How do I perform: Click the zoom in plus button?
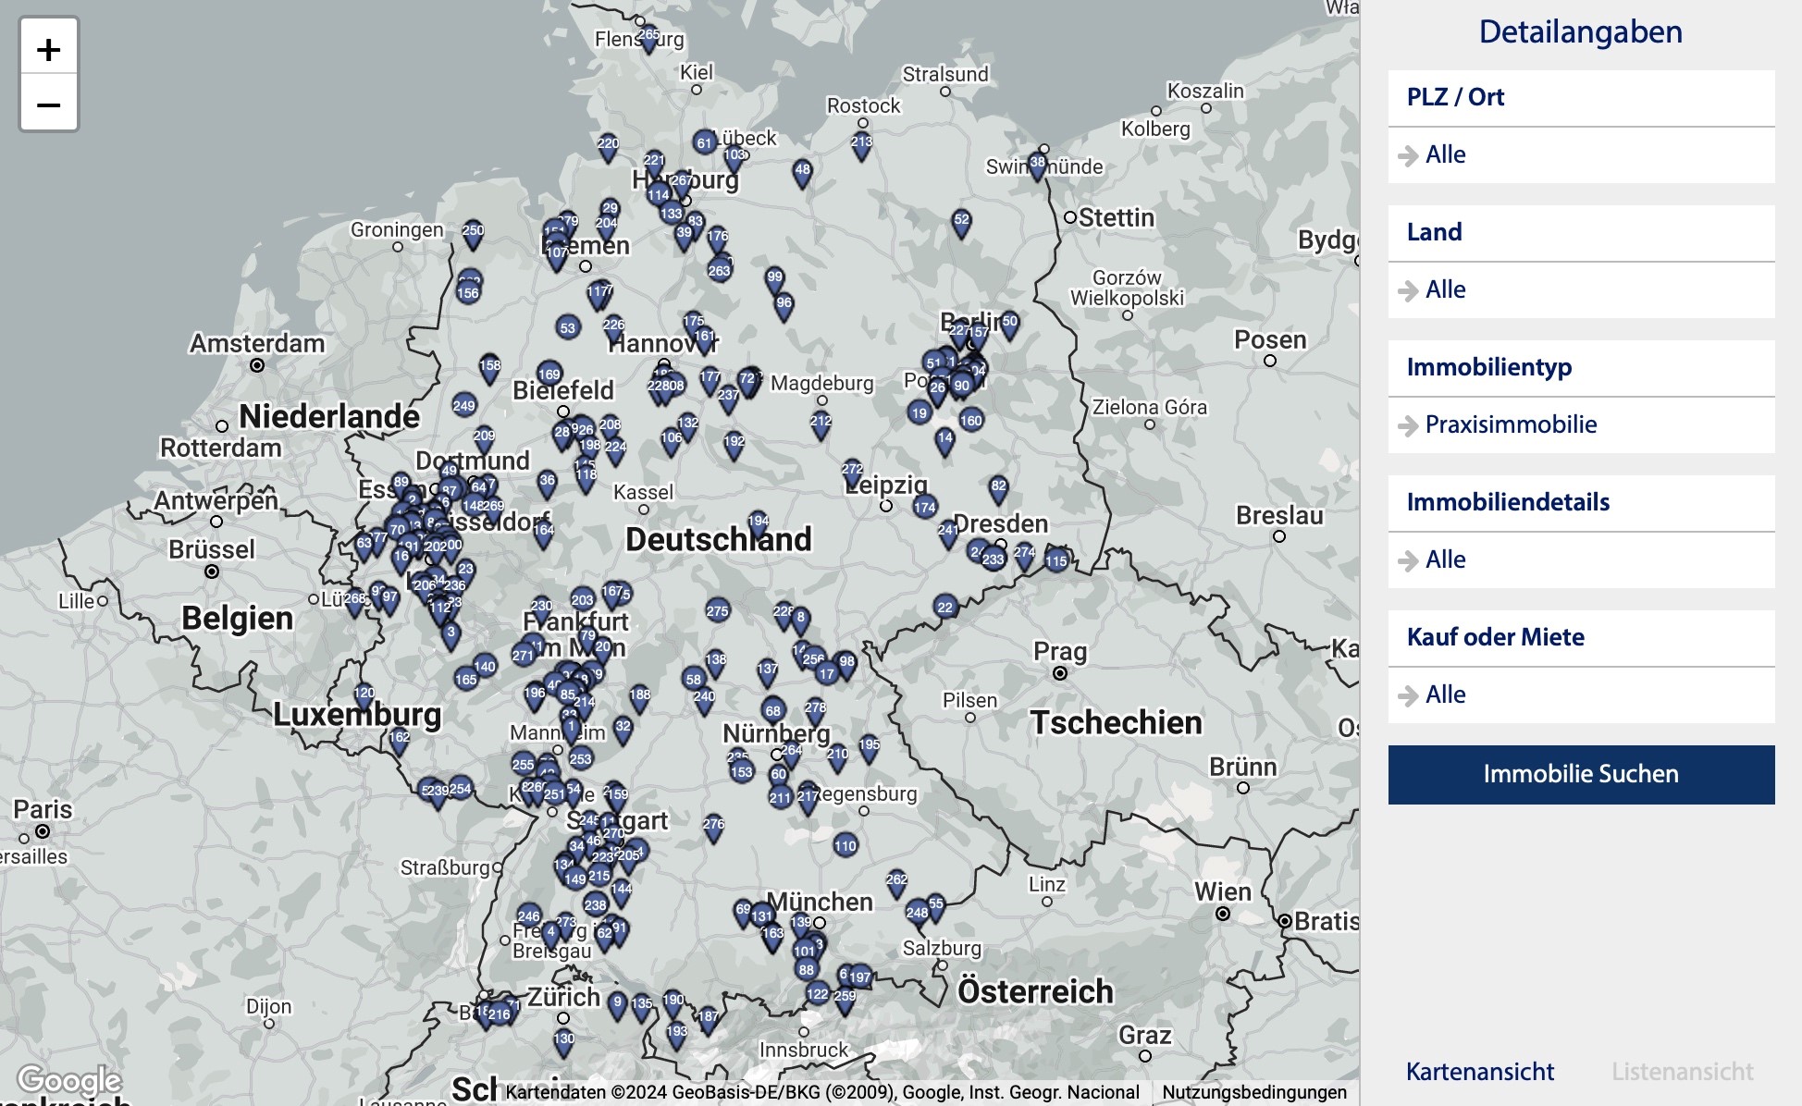click(x=48, y=49)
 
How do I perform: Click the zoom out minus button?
click(x=48, y=104)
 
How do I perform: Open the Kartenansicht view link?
click(x=1479, y=1072)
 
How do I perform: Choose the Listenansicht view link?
click(x=1682, y=1072)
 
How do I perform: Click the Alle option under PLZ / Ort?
click(x=1445, y=154)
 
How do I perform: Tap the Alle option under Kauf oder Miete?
click(x=1445, y=694)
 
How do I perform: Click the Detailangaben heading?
click(x=1580, y=32)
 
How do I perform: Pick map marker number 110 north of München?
click(x=845, y=846)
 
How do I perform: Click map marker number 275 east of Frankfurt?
click(x=717, y=612)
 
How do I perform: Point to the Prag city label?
click(x=1059, y=651)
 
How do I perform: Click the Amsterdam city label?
click(x=257, y=343)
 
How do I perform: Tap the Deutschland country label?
click(x=718, y=539)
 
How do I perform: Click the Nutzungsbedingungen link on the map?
click(x=1253, y=1092)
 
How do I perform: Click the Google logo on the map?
click(x=68, y=1080)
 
